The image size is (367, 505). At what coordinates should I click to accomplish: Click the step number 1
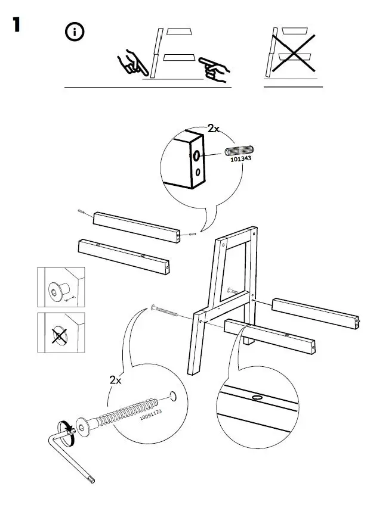(x=16, y=26)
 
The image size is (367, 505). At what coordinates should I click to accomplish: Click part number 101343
(x=241, y=159)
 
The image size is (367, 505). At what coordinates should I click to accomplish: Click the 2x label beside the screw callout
(x=116, y=380)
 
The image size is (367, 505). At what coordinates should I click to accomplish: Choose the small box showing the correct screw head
(x=61, y=287)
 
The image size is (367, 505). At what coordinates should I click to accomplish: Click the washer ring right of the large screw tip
(x=174, y=395)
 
